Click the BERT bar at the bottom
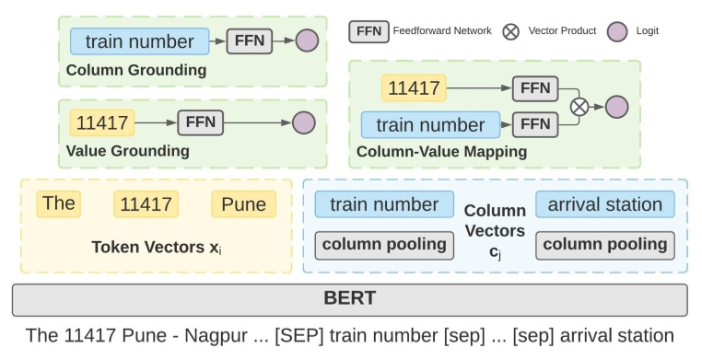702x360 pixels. (x=350, y=299)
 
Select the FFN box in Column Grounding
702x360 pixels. (x=249, y=41)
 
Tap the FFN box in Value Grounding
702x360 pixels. (x=200, y=122)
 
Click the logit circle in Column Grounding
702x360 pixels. (x=307, y=41)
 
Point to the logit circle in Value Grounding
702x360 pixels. (x=303, y=122)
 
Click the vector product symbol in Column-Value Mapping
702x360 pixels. (x=579, y=106)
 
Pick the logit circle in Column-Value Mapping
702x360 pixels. (x=616, y=106)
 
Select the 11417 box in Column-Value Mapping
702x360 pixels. (x=414, y=88)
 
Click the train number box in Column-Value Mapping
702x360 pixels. (x=430, y=124)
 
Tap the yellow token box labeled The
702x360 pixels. (x=58, y=203)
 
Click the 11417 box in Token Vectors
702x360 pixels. (x=146, y=203)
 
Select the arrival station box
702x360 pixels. (x=604, y=203)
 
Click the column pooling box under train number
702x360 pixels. (x=384, y=245)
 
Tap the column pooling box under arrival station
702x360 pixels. (x=604, y=245)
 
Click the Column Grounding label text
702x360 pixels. (x=135, y=70)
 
